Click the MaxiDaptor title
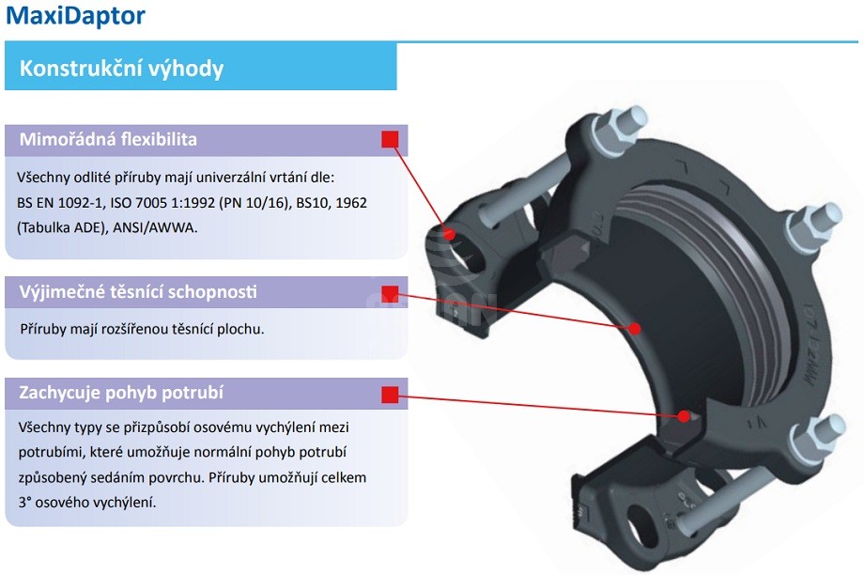(x=76, y=16)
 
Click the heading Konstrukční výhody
(x=121, y=69)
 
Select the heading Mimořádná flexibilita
(x=108, y=140)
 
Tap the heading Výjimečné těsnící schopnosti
(x=138, y=292)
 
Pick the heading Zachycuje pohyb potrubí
(x=121, y=393)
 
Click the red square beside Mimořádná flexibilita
(x=390, y=140)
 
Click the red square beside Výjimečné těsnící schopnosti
(x=390, y=292)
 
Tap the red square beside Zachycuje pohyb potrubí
(x=390, y=394)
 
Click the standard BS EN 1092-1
(x=59, y=202)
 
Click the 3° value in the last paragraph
(x=23, y=503)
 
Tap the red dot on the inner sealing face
(x=635, y=328)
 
